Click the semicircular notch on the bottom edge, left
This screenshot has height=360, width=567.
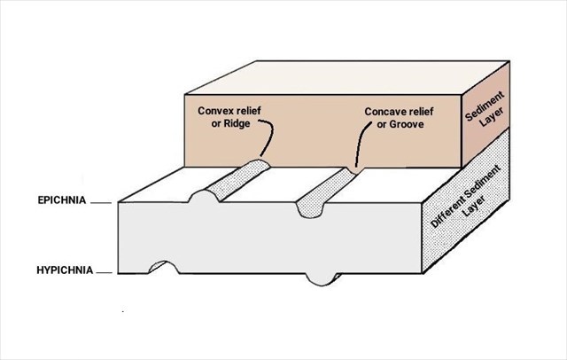point(162,267)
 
